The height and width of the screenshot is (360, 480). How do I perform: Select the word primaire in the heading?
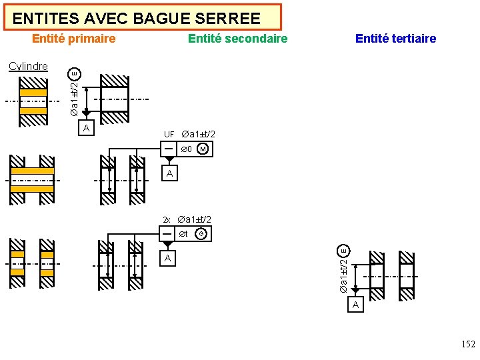(90, 39)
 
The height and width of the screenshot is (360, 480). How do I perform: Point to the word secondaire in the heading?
(253, 39)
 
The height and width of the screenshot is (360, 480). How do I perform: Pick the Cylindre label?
(28, 66)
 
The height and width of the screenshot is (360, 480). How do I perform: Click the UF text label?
(169, 135)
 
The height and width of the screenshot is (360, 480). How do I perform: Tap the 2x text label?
(168, 220)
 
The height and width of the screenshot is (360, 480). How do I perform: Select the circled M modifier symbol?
(203, 149)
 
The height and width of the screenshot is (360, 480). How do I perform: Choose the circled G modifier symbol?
(201, 234)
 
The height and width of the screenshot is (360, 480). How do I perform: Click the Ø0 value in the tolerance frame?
(186, 149)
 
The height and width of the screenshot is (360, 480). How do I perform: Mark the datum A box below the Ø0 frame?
(170, 174)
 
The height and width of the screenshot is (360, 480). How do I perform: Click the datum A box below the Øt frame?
(168, 258)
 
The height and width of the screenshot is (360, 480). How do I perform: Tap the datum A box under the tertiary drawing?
(355, 305)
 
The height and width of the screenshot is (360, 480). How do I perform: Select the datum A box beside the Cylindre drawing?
(85, 127)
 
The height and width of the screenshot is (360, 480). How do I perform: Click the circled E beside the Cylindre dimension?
(75, 73)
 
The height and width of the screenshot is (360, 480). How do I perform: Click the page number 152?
(468, 345)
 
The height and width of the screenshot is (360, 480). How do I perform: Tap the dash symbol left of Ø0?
(169, 149)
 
